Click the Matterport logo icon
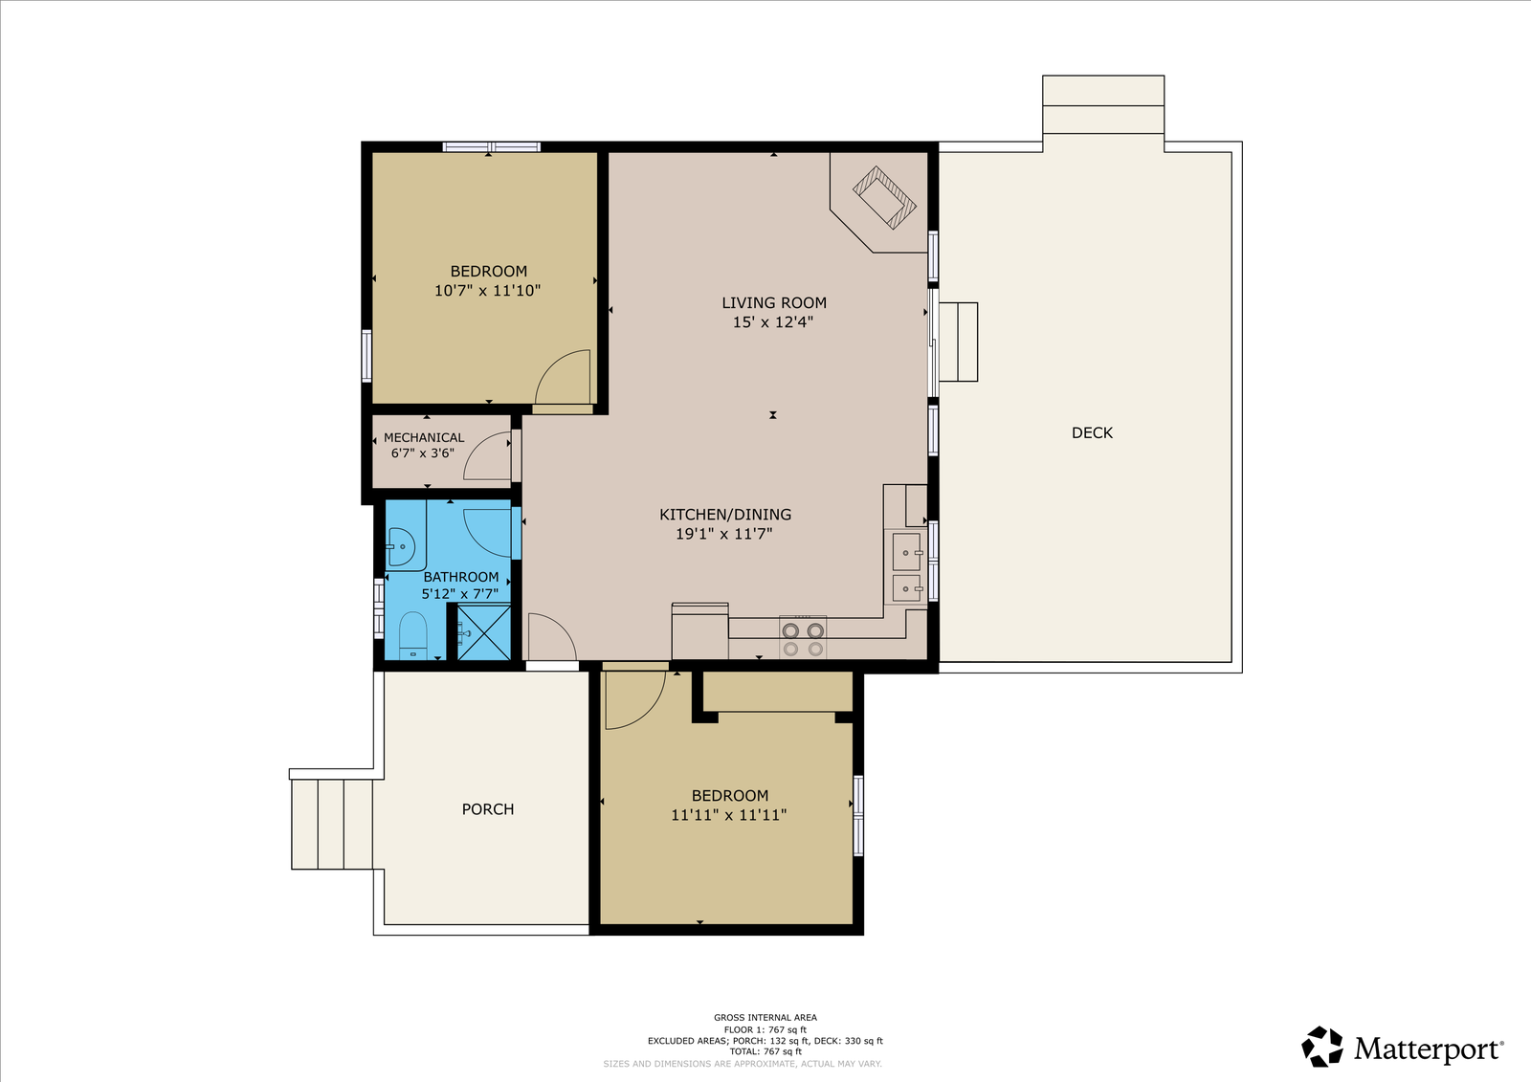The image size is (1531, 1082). click(1322, 1047)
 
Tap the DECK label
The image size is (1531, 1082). click(1092, 432)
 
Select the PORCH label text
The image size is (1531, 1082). click(487, 809)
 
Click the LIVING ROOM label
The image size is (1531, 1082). click(774, 303)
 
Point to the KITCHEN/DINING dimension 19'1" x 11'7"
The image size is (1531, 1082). click(724, 534)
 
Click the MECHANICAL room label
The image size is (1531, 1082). click(424, 437)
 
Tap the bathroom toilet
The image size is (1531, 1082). click(412, 635)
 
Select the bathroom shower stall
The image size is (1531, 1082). click(483, 632)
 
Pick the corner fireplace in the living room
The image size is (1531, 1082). click(883, 197)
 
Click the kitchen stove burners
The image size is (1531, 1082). click(803, 638)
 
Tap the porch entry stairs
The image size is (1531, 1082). click(332, 825)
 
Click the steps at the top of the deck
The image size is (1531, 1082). click(1103, 104)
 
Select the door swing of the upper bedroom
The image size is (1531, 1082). click(562, 377)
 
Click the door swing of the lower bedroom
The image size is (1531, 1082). click(635, 700)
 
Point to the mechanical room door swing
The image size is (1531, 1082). click(487, 456)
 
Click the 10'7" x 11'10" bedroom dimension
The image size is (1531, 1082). click(487, 291)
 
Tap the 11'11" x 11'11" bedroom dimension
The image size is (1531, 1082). click(728, 815)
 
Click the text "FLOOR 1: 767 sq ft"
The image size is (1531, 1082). click(765, 1029)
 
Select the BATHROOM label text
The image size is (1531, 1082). click(460, 577)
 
